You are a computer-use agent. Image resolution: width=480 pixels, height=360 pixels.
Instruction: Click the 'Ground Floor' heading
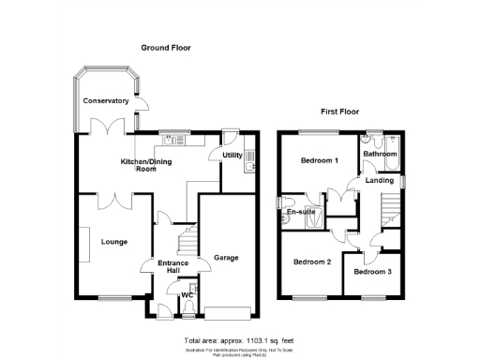point(166,47)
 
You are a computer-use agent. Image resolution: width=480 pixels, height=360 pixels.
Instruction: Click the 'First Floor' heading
point(342,112)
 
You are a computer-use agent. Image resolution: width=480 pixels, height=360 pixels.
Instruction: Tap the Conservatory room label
point(105,100)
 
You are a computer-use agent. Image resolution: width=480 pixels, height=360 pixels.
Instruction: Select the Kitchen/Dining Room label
point(150,166)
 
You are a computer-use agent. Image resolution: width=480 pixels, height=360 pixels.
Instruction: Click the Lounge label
point(114,241)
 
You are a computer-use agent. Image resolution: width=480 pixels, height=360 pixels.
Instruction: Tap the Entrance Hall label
point(173,267)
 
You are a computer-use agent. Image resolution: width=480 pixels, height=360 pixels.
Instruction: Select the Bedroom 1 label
point(319,161)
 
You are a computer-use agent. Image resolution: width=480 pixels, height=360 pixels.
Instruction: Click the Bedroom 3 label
point(372,272)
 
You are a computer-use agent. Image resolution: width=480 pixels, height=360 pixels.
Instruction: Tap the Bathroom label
point(382,154)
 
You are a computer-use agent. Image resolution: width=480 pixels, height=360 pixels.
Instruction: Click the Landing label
point(380,181)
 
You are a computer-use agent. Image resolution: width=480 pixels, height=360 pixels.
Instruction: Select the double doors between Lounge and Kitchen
point(114,197)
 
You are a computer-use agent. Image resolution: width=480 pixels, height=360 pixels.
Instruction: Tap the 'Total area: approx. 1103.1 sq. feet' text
point(239,338)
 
